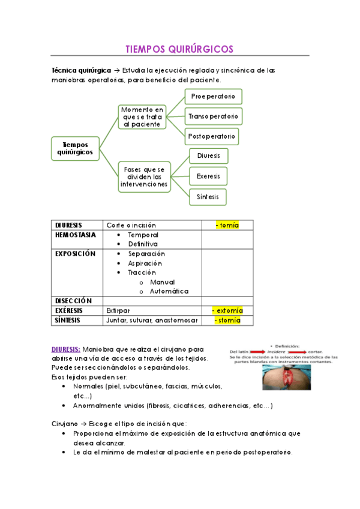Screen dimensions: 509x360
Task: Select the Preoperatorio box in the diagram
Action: pyautogui.click(x=212, y=96)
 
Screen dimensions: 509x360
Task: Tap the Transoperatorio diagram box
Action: pyautogui.click(x=212, y=116)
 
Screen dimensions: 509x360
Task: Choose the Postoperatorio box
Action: pyautogui.click(x=212, y=136)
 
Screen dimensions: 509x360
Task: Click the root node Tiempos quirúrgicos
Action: pyautogui.click(x=75, y=148)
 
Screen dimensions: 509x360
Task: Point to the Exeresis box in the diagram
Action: pyautogui.click(x=208, y=176)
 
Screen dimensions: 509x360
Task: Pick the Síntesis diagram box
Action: pyautogui.click(x=208, y=196)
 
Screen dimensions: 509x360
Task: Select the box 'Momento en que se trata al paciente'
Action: pyautogui.click(x=142, y=117)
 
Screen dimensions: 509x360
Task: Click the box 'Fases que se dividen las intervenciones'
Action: pyautogui.click(x=144, y=177)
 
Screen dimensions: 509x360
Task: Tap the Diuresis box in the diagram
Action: pyautogui.click(x=208, y=156)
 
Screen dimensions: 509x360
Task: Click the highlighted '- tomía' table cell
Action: pyautogui.click(x=227, y=225)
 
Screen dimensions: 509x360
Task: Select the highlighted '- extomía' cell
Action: pyautogui.click(x=227, y=310)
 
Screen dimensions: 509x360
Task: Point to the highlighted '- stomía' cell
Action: pyautogui.click(x=227, y=320)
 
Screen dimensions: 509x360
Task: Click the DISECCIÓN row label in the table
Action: pyautogui.click(x=73, y=301)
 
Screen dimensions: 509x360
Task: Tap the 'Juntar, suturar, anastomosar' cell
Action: pyautogui.click(x=152, y=320)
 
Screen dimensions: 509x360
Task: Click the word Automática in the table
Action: pyautogui.click(x=169, y=291)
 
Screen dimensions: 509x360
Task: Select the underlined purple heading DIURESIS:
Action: pyautogui.click(x=66, y=349)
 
